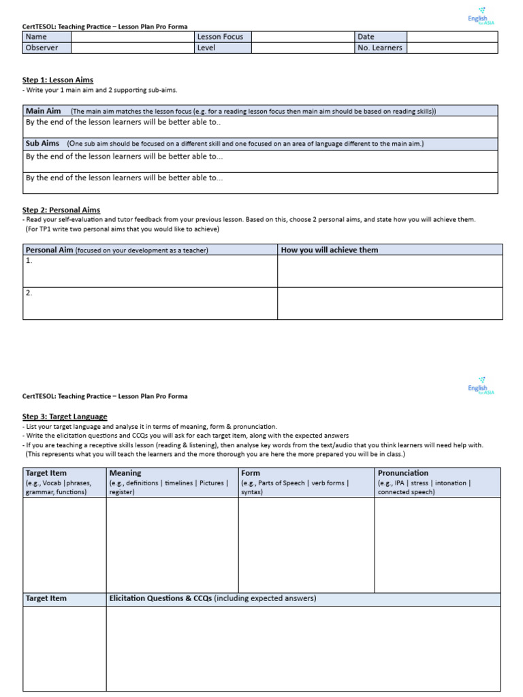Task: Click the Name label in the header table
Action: (x=36, y=37)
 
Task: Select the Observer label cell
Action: (x=42, y=48)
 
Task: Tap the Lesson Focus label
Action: (x=220, y=37)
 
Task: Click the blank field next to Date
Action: (x=451, y=37)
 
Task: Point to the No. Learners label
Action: (x=379, y=48)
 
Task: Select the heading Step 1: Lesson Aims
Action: (x=58, y=80)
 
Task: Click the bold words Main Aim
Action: (x=44, y=110)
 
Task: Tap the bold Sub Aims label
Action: (x=42, y=144)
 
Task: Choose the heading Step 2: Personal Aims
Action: (x=61, y=210)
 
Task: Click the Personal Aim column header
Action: (x=49, y=250)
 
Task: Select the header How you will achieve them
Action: (x=330, y=250)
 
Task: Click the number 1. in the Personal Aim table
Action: (x=29, y=261)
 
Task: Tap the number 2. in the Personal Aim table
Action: (x=29, y=293)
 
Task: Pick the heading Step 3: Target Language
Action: (x=65, y=416)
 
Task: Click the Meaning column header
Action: (x=125, y=472)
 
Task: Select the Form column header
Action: (x=251, y=472)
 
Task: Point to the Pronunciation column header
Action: (x=403, y=472)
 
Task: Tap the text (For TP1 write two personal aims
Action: (x=123, y=229)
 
